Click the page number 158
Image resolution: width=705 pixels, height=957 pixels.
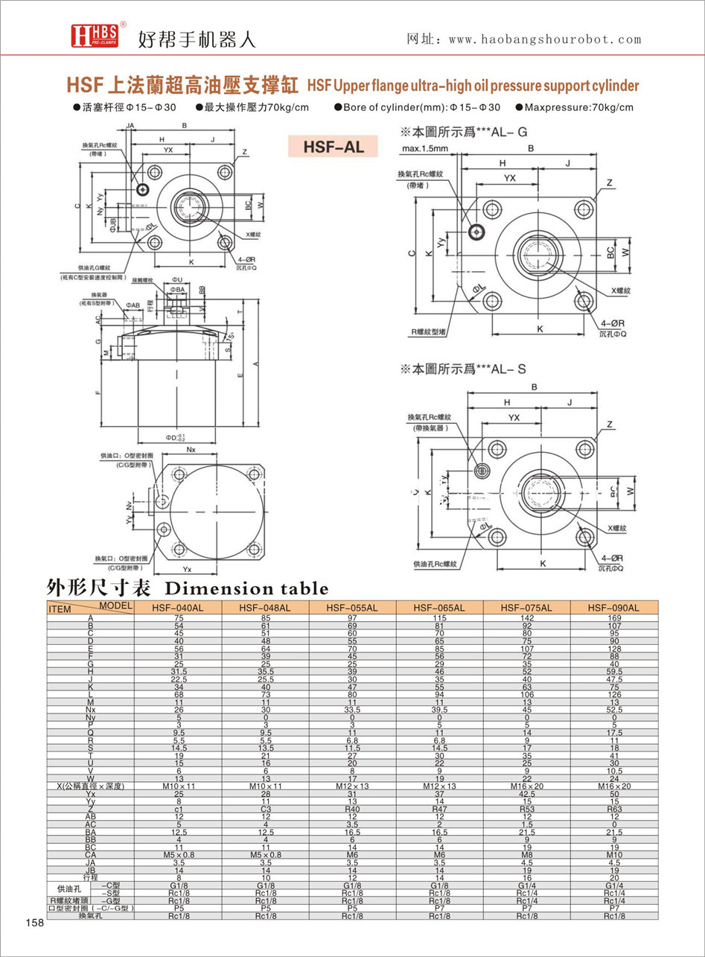34,923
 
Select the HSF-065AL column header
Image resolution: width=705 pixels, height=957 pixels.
439,608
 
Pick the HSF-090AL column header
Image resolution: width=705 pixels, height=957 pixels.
613,608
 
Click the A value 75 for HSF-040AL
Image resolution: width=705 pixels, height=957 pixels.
179,618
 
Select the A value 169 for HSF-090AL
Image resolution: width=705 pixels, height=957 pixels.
613,618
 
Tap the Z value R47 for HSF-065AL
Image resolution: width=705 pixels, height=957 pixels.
439,807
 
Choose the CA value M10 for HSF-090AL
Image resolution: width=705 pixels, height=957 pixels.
613,855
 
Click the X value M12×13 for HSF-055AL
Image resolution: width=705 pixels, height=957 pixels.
352,786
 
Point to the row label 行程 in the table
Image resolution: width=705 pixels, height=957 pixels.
91,878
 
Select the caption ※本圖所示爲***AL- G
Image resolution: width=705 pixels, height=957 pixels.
463,133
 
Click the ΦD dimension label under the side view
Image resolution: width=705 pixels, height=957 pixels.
176,436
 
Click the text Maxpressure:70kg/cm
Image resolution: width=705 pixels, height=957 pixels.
584,107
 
